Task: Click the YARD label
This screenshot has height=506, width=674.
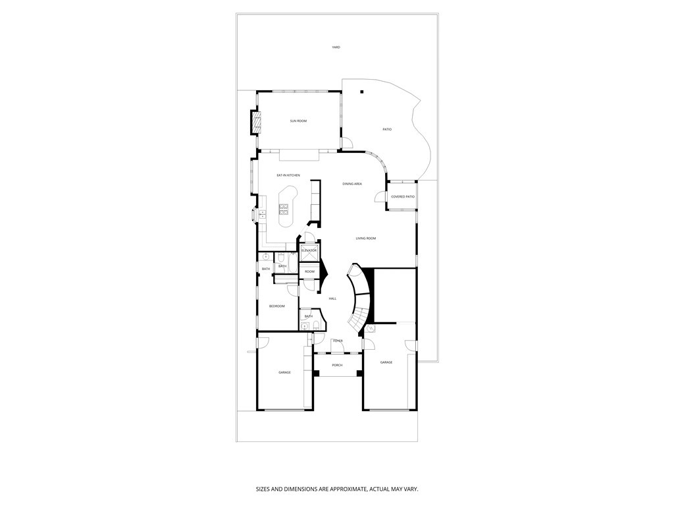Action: pyautogui.click(x=336, y=47)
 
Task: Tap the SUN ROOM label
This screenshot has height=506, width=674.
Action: pyautogui.click(x=298, y=121)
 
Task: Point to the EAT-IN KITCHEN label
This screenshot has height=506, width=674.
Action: pyautogui.click(x=288, y=175)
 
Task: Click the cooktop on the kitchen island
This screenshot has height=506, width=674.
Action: pyautogui.click(x=284, y=210)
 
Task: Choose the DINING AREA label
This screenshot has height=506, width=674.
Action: pyautogui.click(x=352, y=184)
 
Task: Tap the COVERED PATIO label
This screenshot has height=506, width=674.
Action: pyautogui.click(x=403, y=197)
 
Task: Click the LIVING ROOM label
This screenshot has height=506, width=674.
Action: pyautogui.click(x=365, y=239)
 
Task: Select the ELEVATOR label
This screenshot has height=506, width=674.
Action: pyautogui.click(x=309, y=250)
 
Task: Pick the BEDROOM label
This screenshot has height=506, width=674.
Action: pyautogui.click(x=277, y=306)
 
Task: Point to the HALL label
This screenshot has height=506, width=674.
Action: pyautogui.click(x=332, y=298)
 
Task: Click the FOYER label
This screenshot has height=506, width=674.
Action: pyautogui.click(x=338, y=341)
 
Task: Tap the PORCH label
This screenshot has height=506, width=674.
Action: pyautogui.click(x=337, y=365)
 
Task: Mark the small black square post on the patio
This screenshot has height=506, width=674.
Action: pyautogui.click(x=361, y=92)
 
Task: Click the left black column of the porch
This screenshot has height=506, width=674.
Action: pyautogui.click(x=316, y=374)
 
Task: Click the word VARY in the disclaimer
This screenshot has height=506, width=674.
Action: pyautogui.click(x=411, y=490)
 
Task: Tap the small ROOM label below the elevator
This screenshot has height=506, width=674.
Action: pyautogui.click(x=309, y=271)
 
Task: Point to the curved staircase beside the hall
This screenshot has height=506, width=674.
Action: pyautogui.click(x=359, y=296)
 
